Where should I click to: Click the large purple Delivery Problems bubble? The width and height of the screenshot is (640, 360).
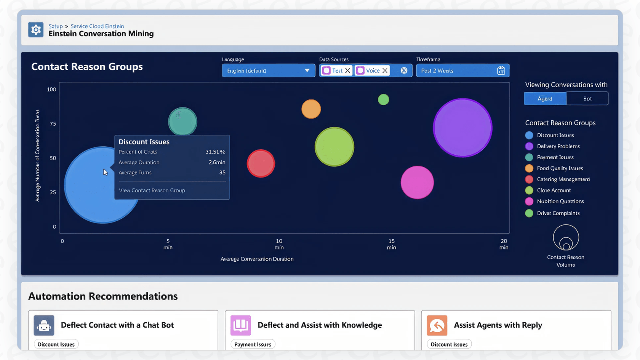(x=462, y=128)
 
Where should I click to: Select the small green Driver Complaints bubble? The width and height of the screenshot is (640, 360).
(x=383, y=99)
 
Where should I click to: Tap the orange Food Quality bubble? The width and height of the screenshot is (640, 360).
(x=311, y=109)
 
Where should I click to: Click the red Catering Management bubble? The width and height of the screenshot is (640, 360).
(x=261, y=163)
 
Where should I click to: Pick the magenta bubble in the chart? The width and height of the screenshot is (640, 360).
(x=417, y=182)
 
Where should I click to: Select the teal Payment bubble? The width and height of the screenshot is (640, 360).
(x=182, y=122)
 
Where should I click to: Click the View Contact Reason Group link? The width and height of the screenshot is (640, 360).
(x=152, y=190)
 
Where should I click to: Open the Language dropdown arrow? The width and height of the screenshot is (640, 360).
(x=307, y=70)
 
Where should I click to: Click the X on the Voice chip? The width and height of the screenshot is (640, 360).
(x=385, y=70)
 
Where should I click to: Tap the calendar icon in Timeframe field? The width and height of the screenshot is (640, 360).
(x=501, y=70)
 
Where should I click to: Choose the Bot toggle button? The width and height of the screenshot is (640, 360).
(x=587, y=99)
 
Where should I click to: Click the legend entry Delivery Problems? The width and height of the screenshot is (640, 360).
(x=558, y=146)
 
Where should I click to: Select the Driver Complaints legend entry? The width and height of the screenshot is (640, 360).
(x=558, y=213)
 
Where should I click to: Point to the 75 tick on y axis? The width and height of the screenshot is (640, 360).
(x=53, y=124)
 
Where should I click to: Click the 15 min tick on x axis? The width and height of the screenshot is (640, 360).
(x=391, y=244)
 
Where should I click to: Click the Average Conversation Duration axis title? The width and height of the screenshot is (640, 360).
(x=257, y=259)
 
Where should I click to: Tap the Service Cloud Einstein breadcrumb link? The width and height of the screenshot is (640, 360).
(x=97, y=26)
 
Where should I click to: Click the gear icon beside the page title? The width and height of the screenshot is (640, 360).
(x=36, y=30)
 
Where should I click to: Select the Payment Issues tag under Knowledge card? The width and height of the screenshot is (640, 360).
(x=253, y=344)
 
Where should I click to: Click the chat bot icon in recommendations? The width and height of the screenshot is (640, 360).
(x=44, y=325)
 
